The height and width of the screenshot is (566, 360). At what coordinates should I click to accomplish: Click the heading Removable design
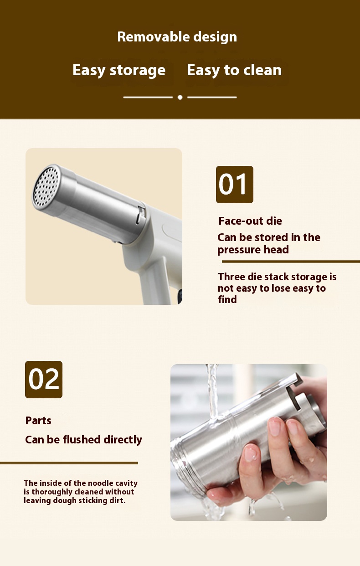point(177,37)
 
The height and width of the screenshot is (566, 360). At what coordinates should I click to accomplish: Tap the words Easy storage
point(119,70)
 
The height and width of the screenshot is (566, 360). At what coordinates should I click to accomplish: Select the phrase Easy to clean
point(234,70)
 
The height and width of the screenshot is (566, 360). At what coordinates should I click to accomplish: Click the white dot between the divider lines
point(180,97)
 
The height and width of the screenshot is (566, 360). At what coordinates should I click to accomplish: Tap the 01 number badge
point(234,185)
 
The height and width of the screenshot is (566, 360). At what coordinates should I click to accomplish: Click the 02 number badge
point(44,380)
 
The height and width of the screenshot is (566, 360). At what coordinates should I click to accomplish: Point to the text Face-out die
point(250,221)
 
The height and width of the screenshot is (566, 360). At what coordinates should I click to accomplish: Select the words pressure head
point(253,250)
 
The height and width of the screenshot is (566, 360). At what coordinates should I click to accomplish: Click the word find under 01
point(227,299)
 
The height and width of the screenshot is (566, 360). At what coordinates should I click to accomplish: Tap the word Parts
point(38,421)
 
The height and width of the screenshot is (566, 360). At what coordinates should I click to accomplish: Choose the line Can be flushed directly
point(83,440)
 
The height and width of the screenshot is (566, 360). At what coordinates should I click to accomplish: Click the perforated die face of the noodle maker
point(47,186)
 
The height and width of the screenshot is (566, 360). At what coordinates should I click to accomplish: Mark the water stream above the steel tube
point(213,391)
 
